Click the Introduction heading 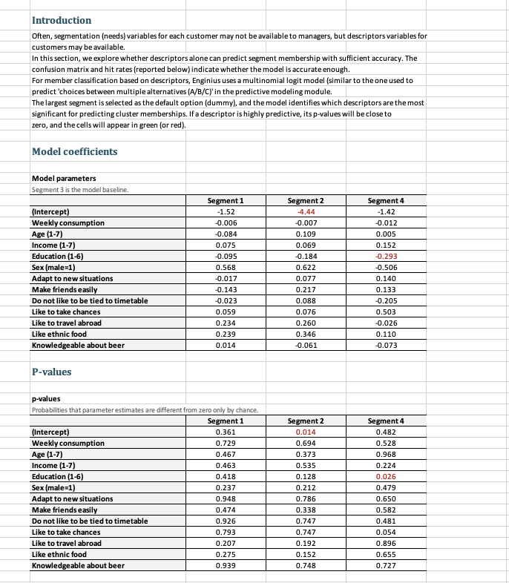click(x=62, y=20)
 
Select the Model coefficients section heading click(x=74, y=151)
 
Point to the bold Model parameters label click(x=64, y=178)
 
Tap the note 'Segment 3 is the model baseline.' click(x=80, y=189)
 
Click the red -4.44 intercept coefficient click(x=306, y=211)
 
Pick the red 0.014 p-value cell click(x=306, y=432)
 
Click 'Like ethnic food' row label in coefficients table click(x=59, y=334)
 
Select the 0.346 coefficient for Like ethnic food click(x=306, y=334)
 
